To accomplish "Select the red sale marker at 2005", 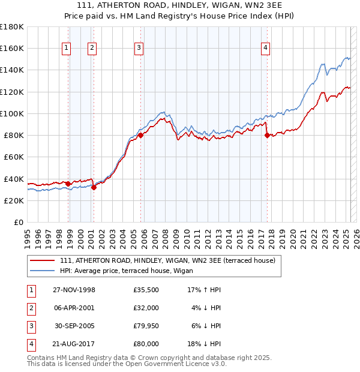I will coord(141,136).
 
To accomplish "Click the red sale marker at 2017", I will coord(267,136).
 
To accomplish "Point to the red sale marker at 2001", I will coord(94,187).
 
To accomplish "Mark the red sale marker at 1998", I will coord(68,184).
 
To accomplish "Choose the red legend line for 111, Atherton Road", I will coord(42,260).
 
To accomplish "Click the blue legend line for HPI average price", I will coord(42,271).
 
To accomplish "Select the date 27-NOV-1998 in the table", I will coord(74,290).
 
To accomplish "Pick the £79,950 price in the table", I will coord(146,327).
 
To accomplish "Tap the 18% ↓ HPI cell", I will coord(204,346).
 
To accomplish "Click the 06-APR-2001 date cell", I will coord(74,308).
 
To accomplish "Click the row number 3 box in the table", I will coord(29,327).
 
